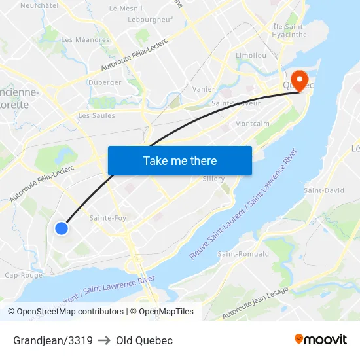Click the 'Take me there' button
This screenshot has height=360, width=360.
click(180, 160)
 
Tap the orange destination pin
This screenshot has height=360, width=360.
click(300, 81)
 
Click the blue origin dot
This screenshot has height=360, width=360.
click(61, 228)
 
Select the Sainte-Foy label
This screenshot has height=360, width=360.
click(108, 218)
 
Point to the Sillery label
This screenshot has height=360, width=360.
click(214, 179)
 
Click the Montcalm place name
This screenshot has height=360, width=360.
click(252, 124)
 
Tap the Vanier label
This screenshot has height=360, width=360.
click(204, 89)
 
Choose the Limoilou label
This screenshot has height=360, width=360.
click(251, 56)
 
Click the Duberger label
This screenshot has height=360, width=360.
click(105, 82)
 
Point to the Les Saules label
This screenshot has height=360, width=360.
click(96, 115)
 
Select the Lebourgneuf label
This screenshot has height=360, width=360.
click(151, 20)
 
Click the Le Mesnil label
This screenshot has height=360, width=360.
click(126, 9)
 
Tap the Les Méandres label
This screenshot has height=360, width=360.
click(86, 39)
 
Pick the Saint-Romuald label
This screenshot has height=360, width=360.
click(243, 254)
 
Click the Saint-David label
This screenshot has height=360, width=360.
click(324, 190)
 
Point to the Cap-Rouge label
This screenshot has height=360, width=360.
click(24, 275)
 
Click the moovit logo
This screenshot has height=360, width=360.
click(321, 340)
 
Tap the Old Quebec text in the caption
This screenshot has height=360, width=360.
click(144, 340)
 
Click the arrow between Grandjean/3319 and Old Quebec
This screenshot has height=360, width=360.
click(104, 340)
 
